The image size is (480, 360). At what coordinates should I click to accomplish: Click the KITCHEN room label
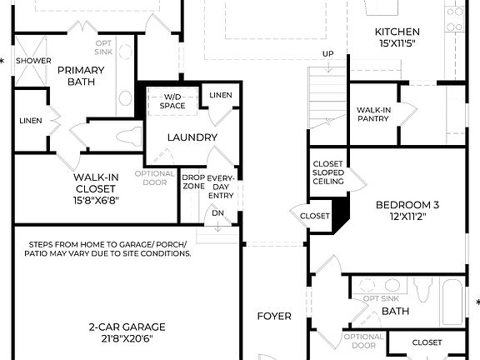coord(396,32)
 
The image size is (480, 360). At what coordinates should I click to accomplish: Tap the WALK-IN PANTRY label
coord(375,115)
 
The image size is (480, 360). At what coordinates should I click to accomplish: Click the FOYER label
coord(273,317)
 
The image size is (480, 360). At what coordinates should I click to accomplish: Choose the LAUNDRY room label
coord(192,137)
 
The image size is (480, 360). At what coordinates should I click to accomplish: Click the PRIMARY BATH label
coord(80,77)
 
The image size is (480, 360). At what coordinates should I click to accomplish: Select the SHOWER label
coord(33,61)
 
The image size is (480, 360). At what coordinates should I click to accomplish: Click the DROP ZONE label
coord(193,182)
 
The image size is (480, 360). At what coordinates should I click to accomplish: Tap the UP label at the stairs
coord(328,55)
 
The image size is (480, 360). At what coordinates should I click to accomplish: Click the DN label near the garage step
coord(217,213)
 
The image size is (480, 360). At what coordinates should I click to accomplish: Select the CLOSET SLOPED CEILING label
coord(327,172)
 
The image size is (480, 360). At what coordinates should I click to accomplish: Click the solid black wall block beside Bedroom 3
coord(341,214)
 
